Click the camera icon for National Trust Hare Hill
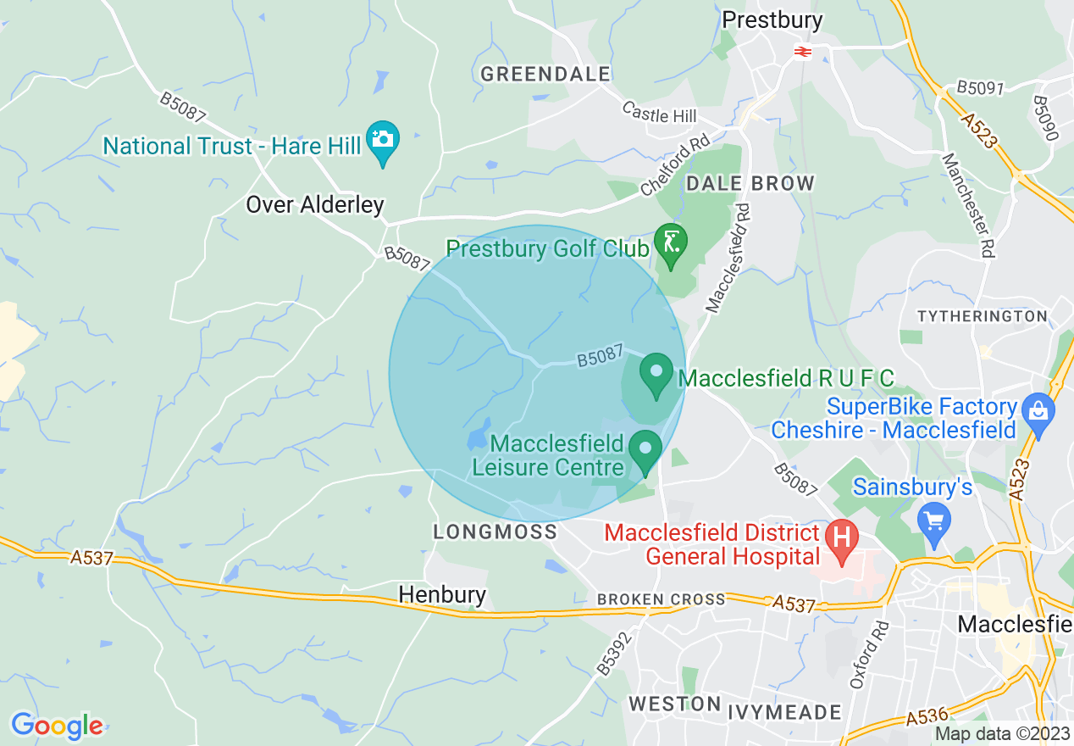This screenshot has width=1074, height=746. click(x=382, y=140)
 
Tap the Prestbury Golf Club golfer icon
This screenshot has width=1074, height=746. click(x=671, y=244)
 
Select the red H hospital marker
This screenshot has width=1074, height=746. click(x=842, y=539)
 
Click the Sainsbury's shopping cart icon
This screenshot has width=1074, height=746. click(x=934, y=519)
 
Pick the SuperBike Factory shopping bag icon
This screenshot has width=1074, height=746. click(x=1037, y=412)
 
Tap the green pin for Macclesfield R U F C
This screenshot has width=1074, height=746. click(x=656, y=374)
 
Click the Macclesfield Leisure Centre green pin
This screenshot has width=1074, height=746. click(x=645, y=449)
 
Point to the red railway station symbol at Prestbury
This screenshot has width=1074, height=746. click(x=802, y=52)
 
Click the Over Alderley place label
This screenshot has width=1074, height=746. click(x=315, y=204)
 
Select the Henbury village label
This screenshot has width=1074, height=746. click(x=442, y=594)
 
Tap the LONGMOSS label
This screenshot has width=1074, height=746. click(x=495, y=532)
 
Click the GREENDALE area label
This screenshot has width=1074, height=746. click(x=545, y=75)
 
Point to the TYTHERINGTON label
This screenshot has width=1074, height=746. click(x=983, y=316)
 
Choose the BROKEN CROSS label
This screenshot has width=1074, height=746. click(x=662, y=599)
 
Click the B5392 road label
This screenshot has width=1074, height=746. click(x=614, y=653)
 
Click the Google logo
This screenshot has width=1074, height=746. click(x=57, y=726)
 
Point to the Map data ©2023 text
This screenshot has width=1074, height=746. click(x=1001, y=734)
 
